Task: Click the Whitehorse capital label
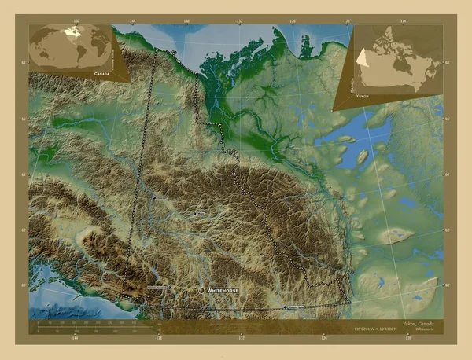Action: tap(223, 291)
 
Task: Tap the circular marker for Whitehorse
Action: tap(201, 291)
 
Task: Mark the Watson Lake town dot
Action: tap(285, 306)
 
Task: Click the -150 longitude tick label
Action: tap(76, 21)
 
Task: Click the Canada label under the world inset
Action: tap(101, 72)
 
